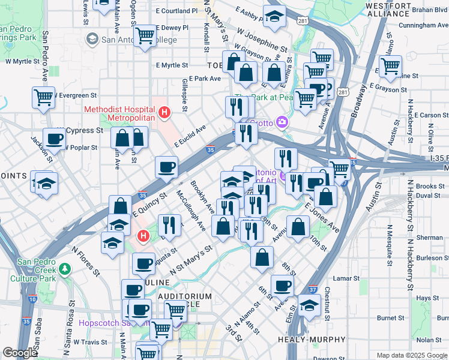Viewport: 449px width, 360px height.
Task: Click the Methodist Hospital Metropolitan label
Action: pyautogui.click(x=119, y=113)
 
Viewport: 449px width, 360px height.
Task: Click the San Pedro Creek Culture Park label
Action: pyautogui.click(x=45, y=270)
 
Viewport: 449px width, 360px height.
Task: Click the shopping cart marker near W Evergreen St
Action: pyautogui.click(x=43, y=97)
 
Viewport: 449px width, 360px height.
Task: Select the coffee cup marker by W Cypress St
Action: pyautogui.click(x=54, y=138)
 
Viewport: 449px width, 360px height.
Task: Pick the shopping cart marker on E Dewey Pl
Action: pyautogui.click(x=145, y=35)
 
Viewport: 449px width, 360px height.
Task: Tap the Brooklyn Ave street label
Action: pyautogui.click(x=202, y=198)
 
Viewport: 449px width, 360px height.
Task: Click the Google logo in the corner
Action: pyautogui.click(x=20, y=353)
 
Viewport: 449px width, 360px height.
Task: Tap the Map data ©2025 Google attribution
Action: pyautogui.click(x=411, y=355)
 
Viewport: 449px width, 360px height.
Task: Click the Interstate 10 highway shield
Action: pyautogui.click(x=32, y=298)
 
